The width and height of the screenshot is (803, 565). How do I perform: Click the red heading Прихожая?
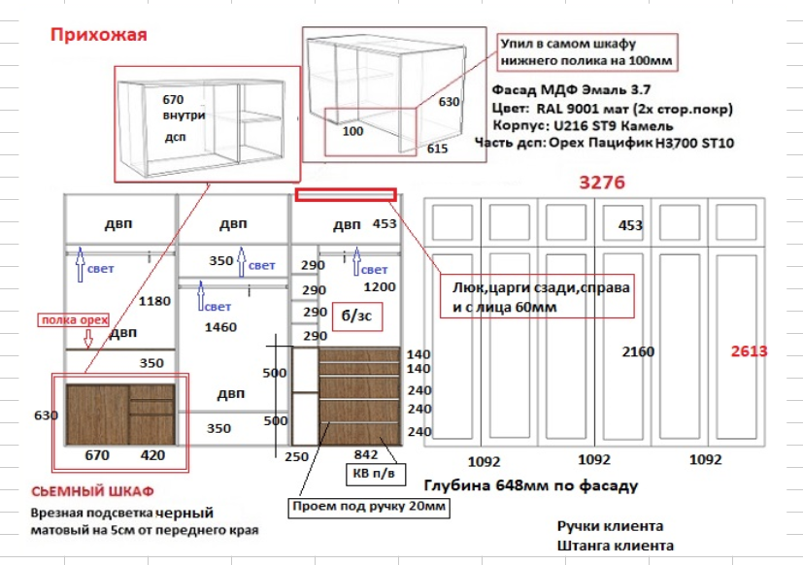point(98,36)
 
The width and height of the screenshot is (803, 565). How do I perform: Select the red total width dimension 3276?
point(602,183)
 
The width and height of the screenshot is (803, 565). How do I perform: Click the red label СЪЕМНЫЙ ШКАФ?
point(92,491)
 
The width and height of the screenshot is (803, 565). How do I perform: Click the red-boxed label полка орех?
point(74,319)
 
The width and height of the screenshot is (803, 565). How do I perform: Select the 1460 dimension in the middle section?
point(220,327)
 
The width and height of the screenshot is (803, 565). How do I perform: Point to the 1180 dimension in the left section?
point(155,301)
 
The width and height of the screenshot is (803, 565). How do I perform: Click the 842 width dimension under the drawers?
point(365,454)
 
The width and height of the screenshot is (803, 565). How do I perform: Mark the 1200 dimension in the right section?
point(379,287)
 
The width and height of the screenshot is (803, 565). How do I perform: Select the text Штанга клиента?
point(616,546)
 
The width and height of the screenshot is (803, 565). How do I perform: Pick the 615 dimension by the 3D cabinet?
point(437,149)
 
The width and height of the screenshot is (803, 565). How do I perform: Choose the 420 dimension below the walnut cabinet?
point(153,454)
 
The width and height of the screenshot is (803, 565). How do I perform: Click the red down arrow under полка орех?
point(85,338)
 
